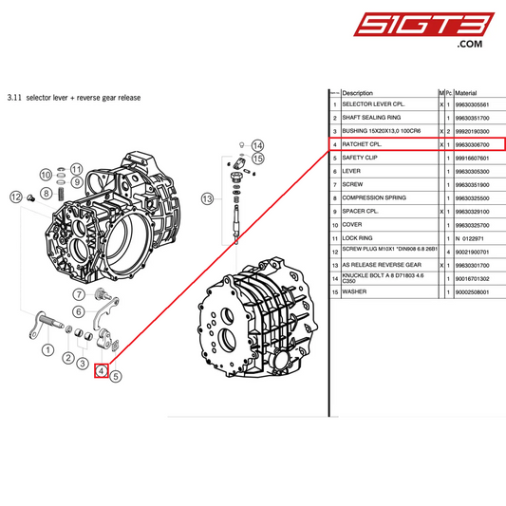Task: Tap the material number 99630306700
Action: (x=472, y=143)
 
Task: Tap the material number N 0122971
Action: (x=464, y=236)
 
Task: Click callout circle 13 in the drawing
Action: (x=207, y=198)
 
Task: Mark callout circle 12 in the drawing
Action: (x=16, y=197)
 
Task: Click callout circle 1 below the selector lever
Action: (x=47, y=350)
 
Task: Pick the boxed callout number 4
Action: (x=101, y=371)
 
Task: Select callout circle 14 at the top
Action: (x=257, y=145)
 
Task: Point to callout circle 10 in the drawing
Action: (x=45, y=174)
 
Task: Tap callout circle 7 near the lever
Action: (x=81, y=294)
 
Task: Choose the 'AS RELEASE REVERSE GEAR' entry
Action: (x=379, y=265)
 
